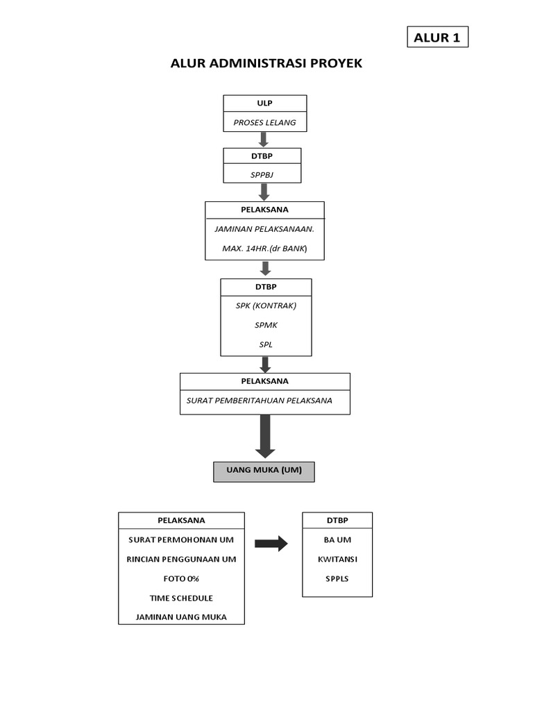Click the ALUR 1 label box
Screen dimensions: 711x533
pos(437,37)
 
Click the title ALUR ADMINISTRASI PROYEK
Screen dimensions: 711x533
pos(266,64)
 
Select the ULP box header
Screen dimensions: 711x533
pos(264,103)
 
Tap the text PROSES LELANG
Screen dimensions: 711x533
pos(264,122)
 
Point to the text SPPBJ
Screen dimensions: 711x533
pos(262,174)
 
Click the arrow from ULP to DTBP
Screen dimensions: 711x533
pos(264,139)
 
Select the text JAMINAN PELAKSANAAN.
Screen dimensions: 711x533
pos(264,228)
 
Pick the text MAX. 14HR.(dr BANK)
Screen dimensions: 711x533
pos(264,248)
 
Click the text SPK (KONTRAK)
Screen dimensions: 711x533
pos(266,306)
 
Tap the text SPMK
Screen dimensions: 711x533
pos(266,325)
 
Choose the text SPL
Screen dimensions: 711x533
pos(266,344)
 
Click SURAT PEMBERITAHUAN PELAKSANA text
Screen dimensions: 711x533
pos(260,401)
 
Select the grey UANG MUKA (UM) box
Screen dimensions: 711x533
pos(264,471)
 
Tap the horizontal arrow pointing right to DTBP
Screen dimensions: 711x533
pos(271,544)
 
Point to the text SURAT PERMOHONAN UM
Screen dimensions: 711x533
pos(181,539)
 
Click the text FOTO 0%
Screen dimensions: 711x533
pos(181,578)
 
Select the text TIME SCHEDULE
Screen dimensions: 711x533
pos(181,598)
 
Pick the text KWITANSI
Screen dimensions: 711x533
pos(337,559)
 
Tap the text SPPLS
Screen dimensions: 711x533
pos(337,578)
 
